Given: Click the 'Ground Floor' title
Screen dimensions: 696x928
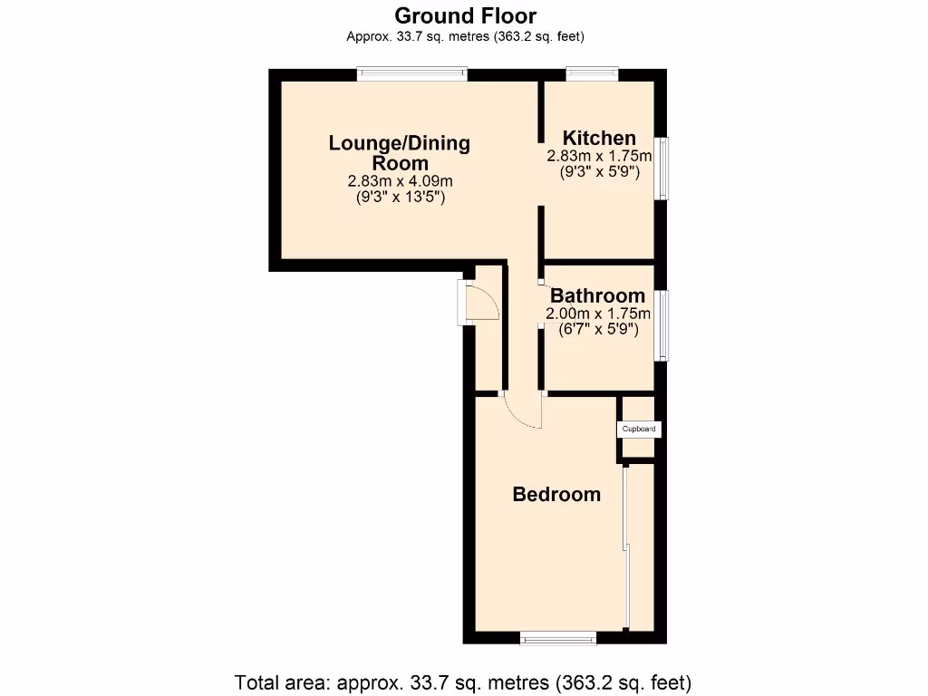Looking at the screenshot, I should (x=465, y=15).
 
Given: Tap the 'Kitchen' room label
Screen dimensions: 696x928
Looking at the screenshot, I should (x=599, y=138).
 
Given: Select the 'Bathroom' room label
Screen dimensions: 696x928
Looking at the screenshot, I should (x=598, y=295).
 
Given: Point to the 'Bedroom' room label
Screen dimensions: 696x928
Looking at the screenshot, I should (x=556, y=494).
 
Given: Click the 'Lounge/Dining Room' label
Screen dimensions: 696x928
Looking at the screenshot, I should (x=400, y=152).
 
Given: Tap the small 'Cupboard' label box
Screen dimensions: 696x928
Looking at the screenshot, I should (x=639, y=429).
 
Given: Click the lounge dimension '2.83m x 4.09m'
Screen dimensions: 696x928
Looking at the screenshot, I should (x=400, y=181).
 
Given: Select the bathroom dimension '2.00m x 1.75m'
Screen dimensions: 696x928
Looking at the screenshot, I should (x=598, y=314).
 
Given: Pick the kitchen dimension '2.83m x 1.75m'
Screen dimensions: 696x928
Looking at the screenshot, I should (x=599, y=156).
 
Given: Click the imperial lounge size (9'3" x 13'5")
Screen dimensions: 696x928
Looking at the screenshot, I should (x=400, y=197).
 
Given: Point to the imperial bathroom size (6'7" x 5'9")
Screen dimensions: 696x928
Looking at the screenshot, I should (x=598, y=330).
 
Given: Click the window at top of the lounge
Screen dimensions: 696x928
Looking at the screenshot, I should (x=411, y=74).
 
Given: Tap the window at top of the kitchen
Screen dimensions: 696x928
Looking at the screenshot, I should (x=593, y=74).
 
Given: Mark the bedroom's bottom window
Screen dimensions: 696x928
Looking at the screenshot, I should (x=558, y=638).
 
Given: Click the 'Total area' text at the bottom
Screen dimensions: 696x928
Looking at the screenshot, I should (x=463, y=681).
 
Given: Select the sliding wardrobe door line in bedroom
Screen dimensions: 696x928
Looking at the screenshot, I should (x=625, y=544).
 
